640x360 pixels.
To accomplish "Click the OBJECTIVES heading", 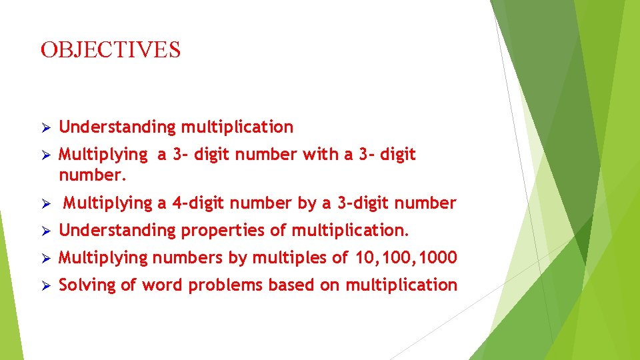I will click(x=111, y=49).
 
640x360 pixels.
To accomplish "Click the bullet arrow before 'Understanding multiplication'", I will click(x=45, y=127).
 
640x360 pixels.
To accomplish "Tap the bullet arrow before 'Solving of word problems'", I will click(x=45, y=285).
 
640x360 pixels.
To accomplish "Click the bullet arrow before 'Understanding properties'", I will click(x=45, y=231).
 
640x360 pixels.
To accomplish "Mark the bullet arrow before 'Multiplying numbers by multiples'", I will click(x=45, y=258).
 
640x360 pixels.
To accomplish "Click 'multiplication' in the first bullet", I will click(x=237, y=127).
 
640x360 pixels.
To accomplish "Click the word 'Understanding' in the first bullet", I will click(x=117, y=127).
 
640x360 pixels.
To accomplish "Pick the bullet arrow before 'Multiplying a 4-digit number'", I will click(x=45, y=203).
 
